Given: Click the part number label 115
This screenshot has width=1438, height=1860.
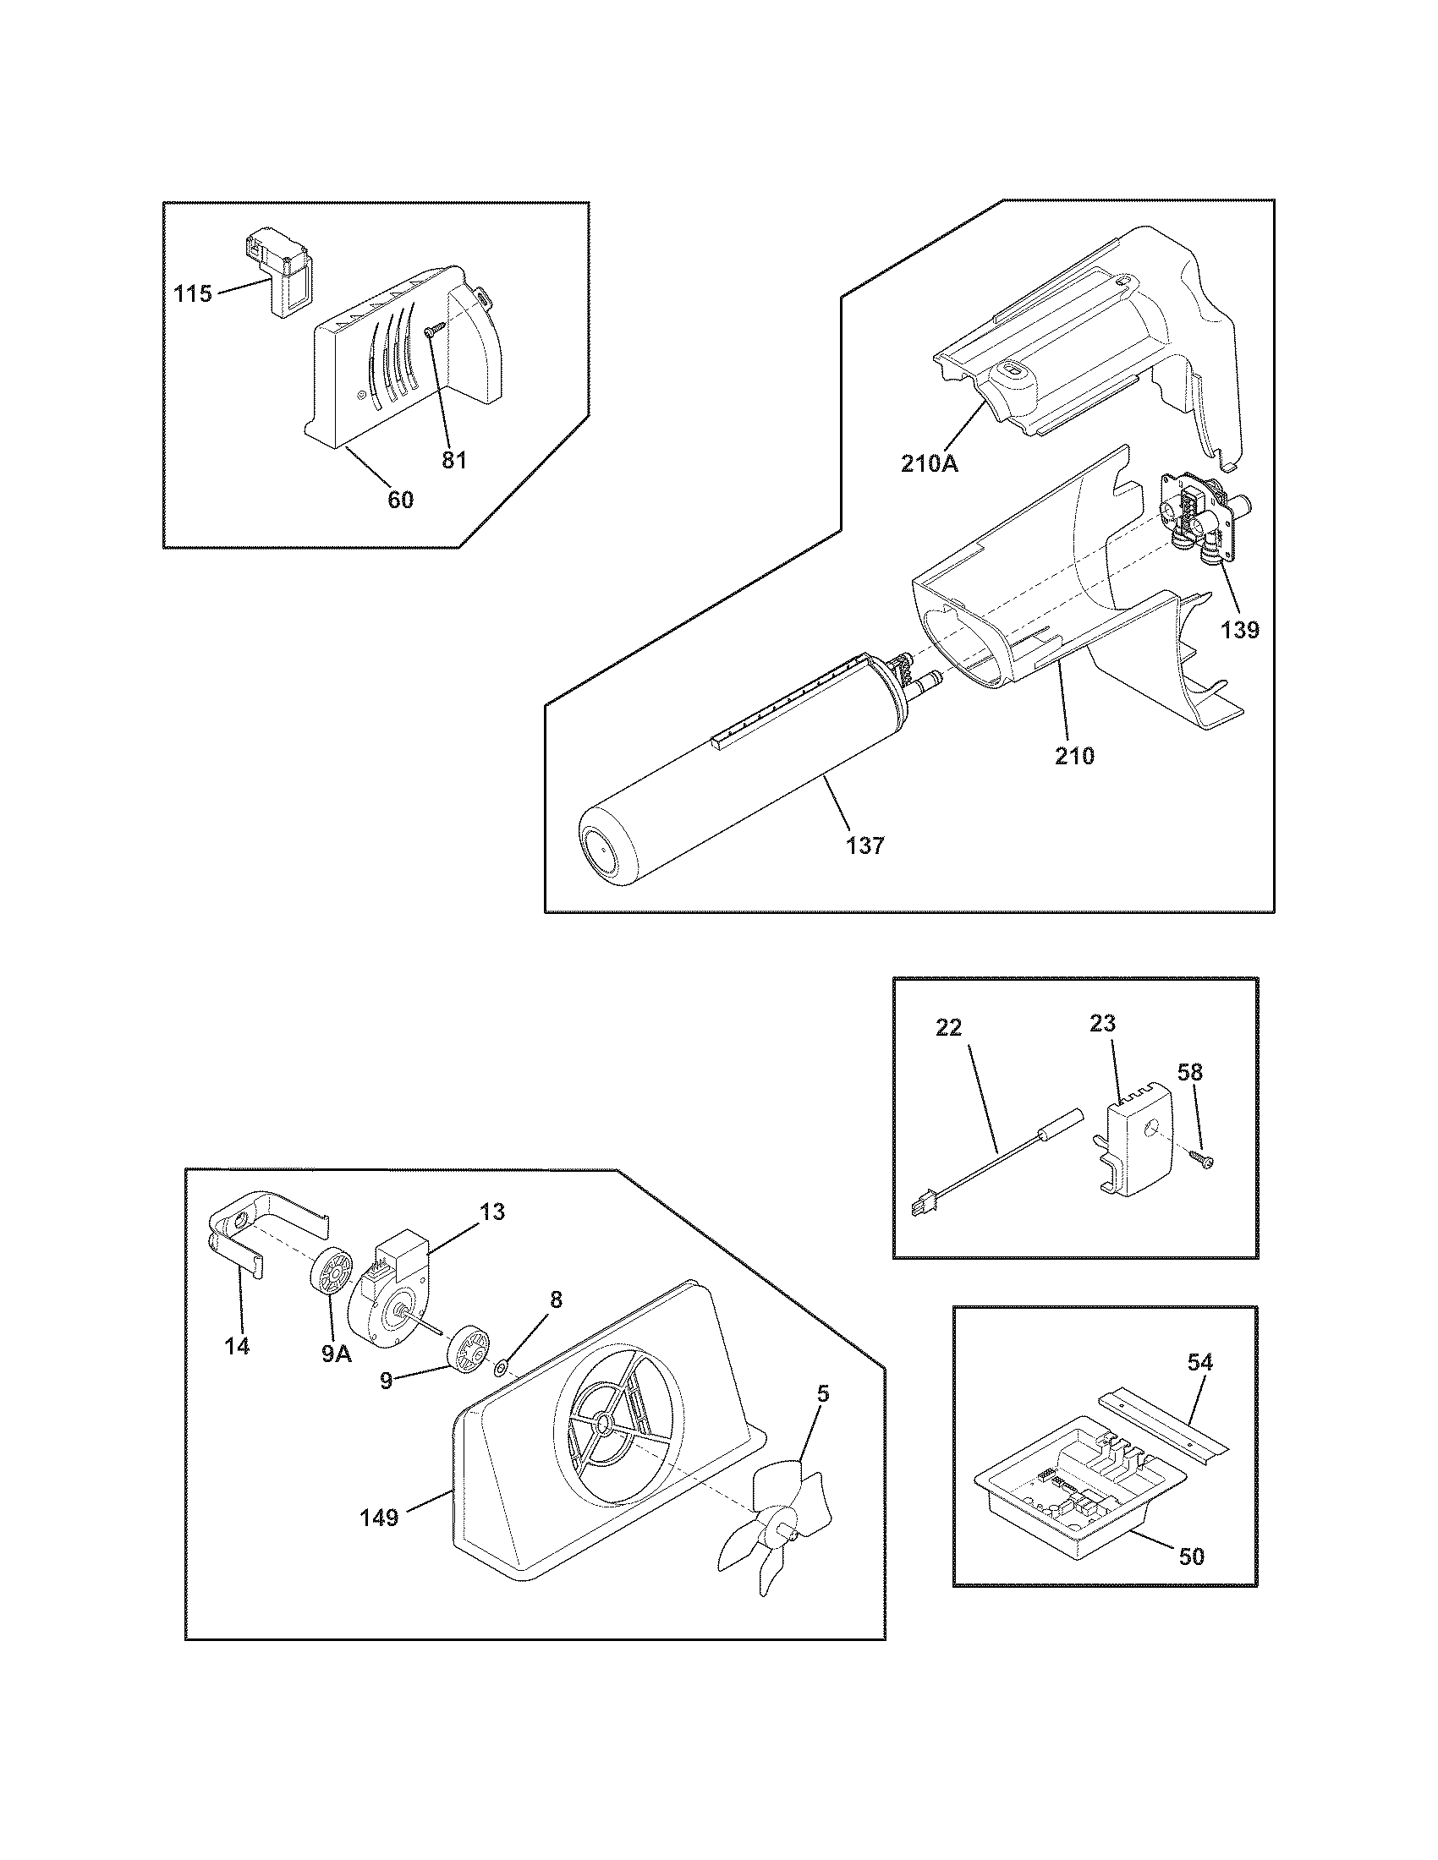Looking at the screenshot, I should tap(193, 295).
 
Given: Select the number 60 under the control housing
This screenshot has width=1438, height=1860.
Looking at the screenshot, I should tap(400, 500).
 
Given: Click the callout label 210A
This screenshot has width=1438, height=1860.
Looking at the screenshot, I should tap(930, 464).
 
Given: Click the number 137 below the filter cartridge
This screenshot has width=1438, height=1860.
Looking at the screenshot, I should tap(865, 845).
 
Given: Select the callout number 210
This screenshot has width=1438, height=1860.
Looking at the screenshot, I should tap(1074, 754).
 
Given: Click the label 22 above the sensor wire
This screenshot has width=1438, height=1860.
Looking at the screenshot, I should tap(948, 1028).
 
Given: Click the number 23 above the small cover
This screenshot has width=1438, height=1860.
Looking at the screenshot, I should tap(1102, 1023).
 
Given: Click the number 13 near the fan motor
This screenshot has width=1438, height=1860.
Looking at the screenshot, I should tap(492, 1211).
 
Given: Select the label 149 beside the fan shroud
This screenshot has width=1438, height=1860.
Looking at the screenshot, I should tap(379, 1518).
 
